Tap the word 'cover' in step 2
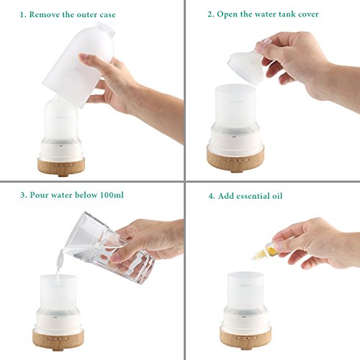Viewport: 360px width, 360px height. [308, 14]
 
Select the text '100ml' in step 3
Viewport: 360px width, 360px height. [112, 194]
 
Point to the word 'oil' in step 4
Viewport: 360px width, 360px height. [277, 196]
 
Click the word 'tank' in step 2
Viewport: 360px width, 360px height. [287, 14]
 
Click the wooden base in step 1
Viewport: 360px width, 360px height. [61, 167]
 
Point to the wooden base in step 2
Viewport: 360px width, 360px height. [235, 158]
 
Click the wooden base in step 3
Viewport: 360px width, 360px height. [58, 339]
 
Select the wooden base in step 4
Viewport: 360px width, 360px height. [246, 338]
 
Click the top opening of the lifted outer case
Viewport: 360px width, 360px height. [106, 27]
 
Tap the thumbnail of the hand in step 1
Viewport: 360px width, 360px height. [84, 58]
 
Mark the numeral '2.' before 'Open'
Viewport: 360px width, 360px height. [211, 14]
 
